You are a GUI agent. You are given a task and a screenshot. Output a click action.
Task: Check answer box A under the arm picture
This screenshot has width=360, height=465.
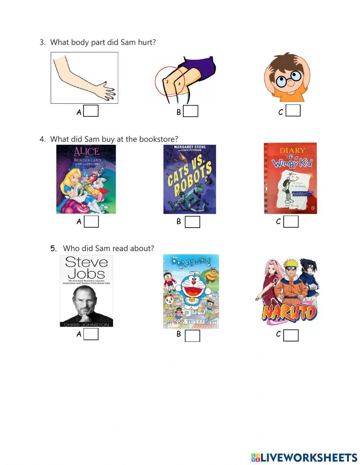(x=91, y=111)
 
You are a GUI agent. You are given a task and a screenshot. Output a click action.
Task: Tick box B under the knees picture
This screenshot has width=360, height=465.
(x=190, y=111)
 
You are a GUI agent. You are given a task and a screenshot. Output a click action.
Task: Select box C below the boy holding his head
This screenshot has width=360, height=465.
(x=293, y=111)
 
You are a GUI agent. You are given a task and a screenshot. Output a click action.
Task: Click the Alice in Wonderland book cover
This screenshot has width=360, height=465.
(x=86, y=179)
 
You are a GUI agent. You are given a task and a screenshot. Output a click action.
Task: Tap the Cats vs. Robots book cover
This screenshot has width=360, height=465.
(x=190, y=179)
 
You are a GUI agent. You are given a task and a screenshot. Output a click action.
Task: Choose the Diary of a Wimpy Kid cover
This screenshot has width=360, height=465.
(x=290, y=178)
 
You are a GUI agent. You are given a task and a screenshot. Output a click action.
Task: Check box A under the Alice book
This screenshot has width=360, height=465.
(x=91, y=222)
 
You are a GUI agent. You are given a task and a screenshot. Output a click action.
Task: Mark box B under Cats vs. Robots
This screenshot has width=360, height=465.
(x=192, y=222)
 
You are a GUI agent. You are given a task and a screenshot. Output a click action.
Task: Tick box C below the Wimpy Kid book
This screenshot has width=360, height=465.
(x=291, y=222)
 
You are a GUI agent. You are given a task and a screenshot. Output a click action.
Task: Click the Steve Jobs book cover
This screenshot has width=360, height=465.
(x=86, y=291)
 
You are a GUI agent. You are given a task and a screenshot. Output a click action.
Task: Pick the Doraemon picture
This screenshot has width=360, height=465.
(x=191, y=291)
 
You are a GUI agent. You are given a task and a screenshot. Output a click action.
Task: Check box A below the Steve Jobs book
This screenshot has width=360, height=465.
(x=91, y=334)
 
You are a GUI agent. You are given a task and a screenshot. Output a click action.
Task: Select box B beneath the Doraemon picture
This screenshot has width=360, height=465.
(x=192, y=336)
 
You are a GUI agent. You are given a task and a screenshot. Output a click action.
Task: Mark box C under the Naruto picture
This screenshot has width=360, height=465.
(x=291, y=335)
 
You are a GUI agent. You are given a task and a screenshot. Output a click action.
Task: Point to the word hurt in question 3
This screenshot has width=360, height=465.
(x=147, y=42)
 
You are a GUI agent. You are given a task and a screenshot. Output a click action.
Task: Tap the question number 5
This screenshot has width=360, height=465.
(x=53, y=248)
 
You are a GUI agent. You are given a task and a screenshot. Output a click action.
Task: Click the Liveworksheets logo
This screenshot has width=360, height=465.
(x=304, y=457)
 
